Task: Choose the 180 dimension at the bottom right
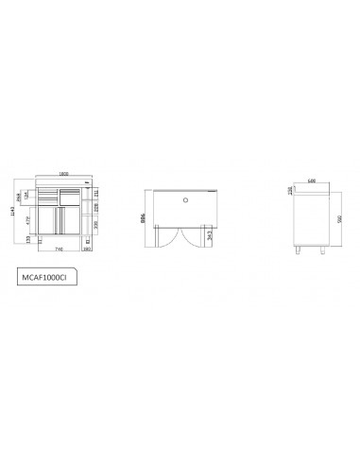(87, 250)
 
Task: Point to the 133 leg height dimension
(29, 240)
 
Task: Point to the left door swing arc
(166, 236)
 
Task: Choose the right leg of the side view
(325, 250)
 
